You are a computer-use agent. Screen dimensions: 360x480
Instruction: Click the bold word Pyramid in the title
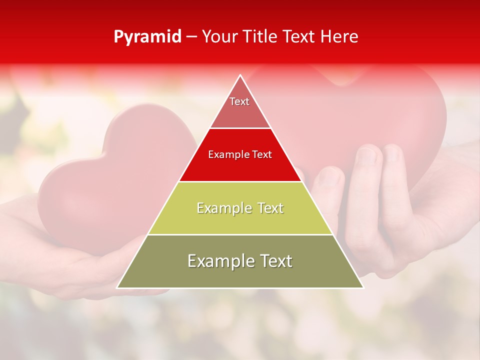(147, 37)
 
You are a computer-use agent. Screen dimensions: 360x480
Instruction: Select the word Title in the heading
(261, 37)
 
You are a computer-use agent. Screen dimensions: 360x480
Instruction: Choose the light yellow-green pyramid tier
(240, 208)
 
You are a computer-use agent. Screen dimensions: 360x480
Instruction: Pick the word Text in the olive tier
(274, 261)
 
